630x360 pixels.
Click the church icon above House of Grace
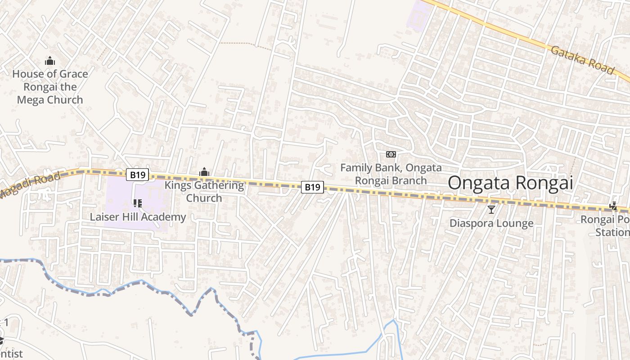point(50,61)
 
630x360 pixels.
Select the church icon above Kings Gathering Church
point(204,172)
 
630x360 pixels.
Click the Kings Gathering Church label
point(204,191)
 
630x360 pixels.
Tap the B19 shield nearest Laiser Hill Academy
point(137,175)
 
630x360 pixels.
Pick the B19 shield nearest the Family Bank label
point(312,187)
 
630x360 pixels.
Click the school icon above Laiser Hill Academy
point(138,203)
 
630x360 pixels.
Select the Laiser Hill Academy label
point(138,217)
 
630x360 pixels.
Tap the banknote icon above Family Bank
point(391,154)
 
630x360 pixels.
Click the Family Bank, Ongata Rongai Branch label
point(391,174)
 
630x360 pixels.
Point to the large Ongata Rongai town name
point(510,183)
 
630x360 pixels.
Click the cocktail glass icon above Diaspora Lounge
point(491,209)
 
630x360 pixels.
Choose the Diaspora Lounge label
point(491,223)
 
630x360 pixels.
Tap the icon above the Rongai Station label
point(613,206)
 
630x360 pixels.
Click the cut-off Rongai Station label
point(608,226)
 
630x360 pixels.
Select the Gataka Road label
point(582,59)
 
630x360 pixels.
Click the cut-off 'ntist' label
point(11,354)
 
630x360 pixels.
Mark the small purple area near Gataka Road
point(419,16)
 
